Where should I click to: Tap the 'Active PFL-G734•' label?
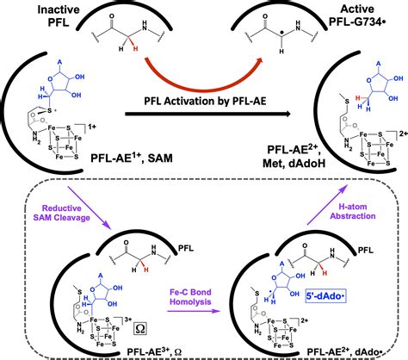[x=364, y=15]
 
